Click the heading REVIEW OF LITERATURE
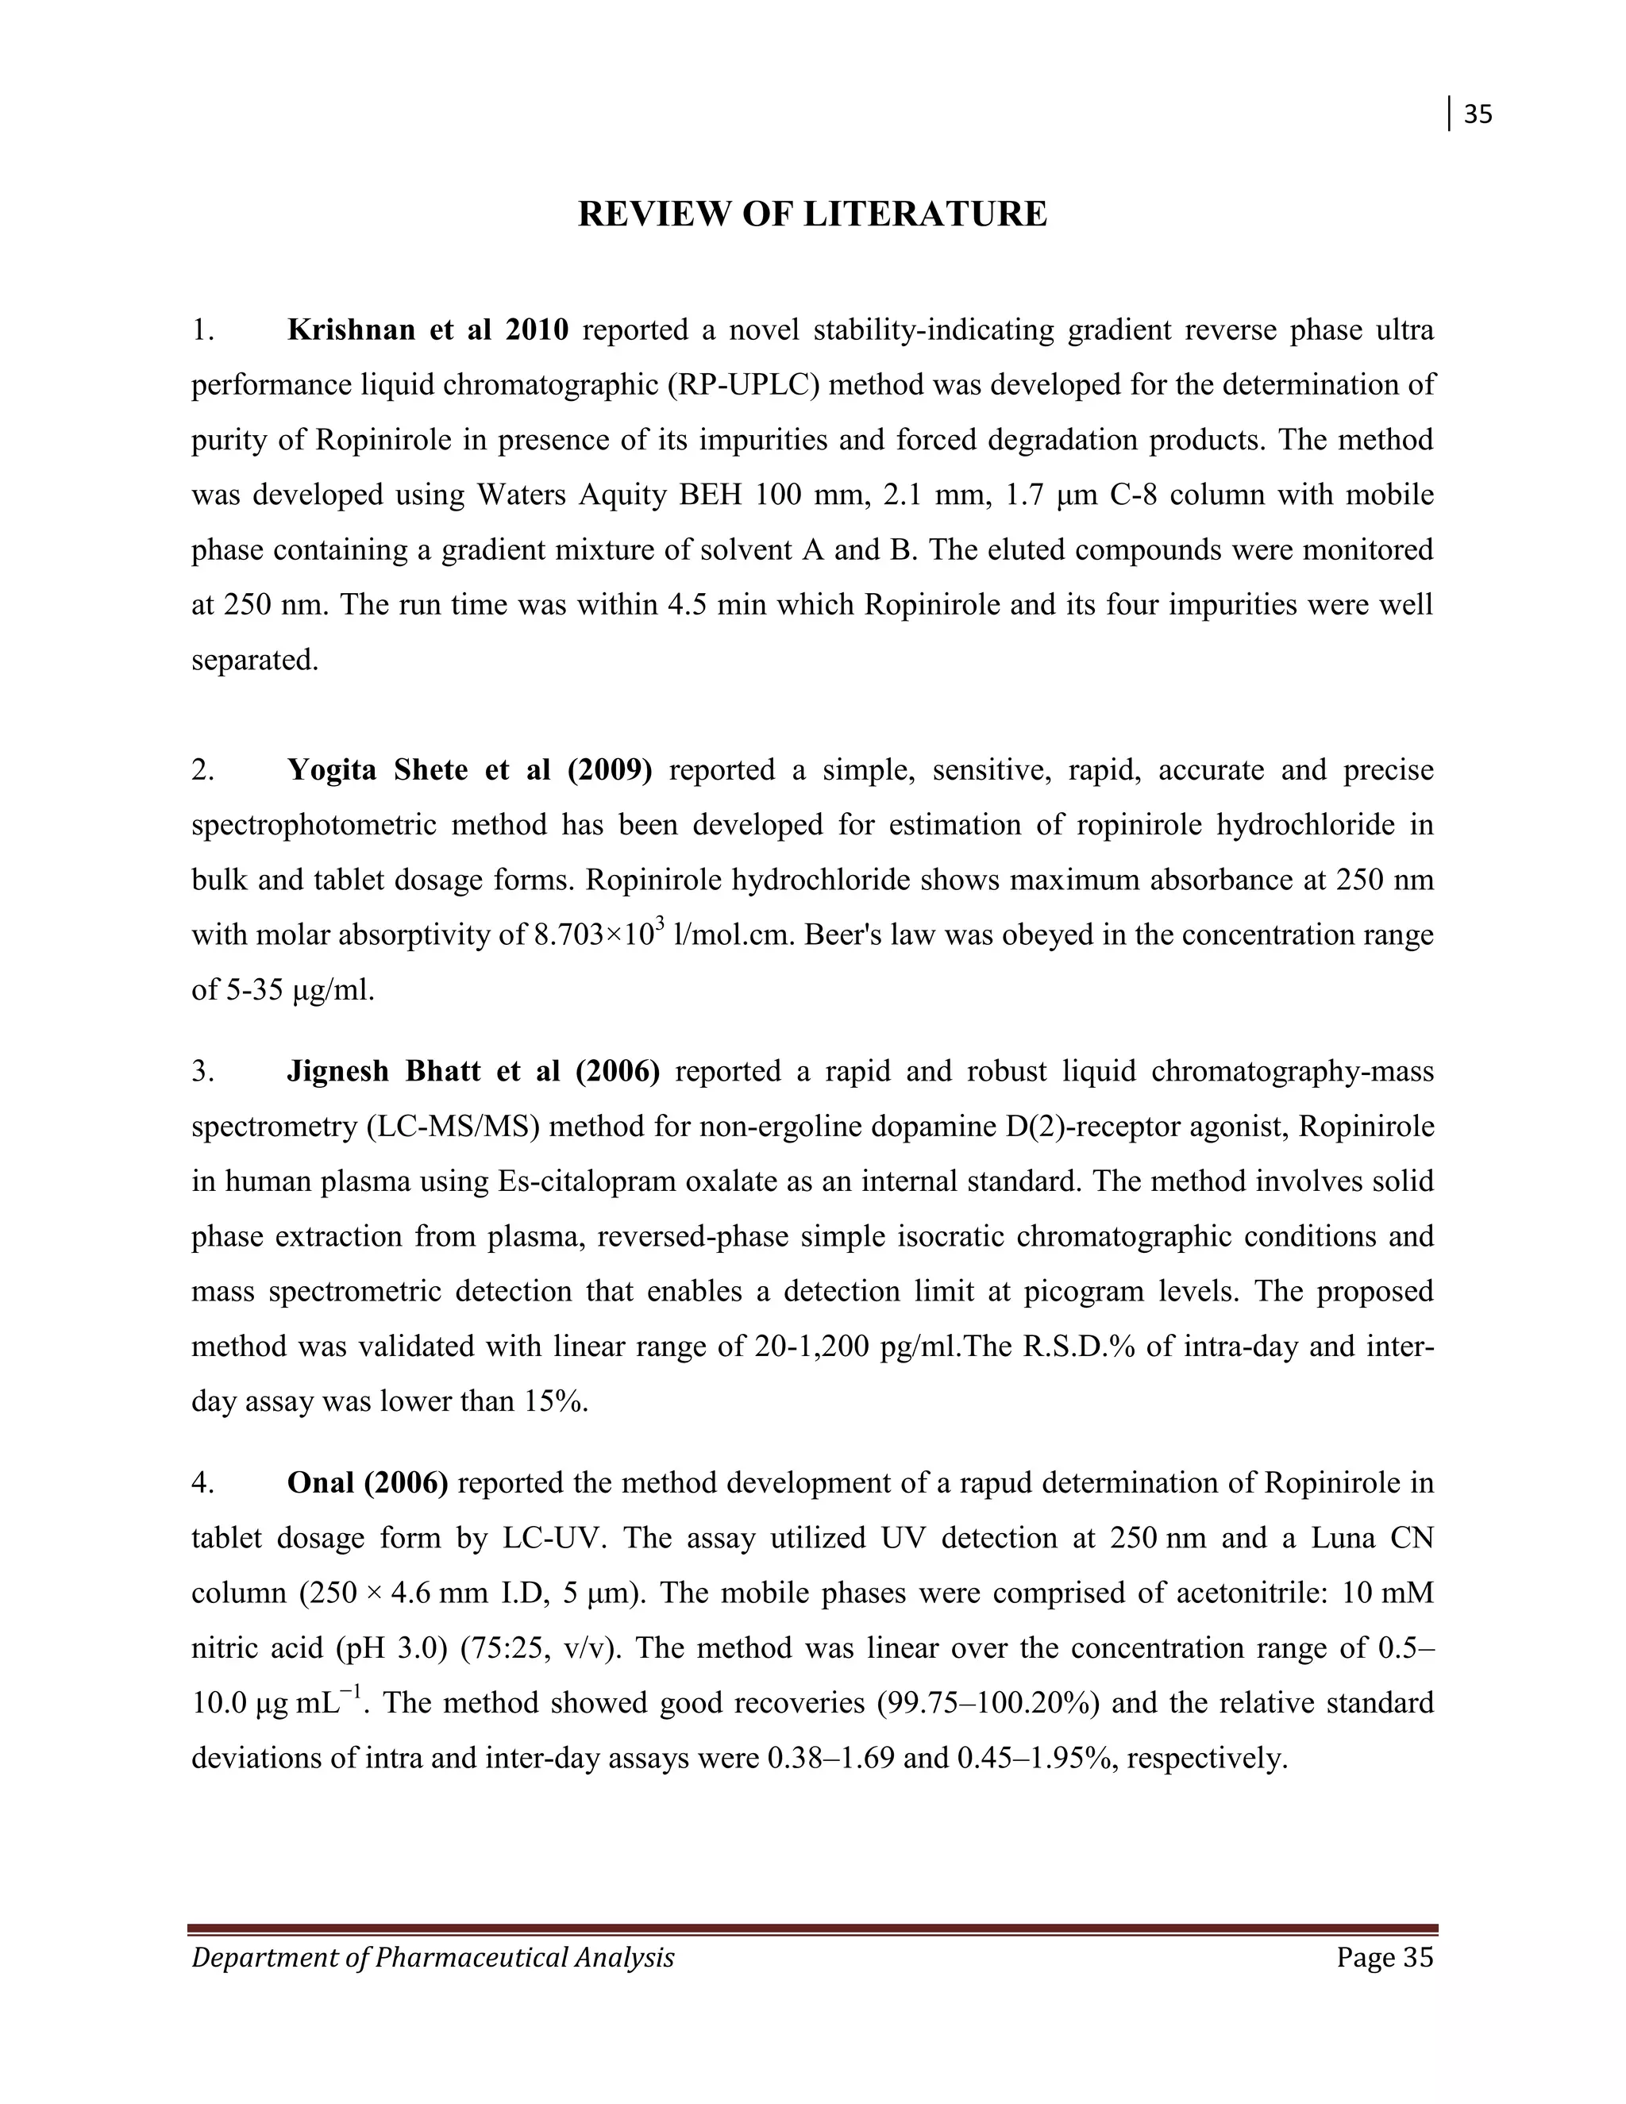point(812,214)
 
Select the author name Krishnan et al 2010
point(428,330)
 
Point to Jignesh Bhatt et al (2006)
point(473,1071)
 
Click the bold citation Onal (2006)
point(367,1482)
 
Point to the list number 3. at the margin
point(202,1071)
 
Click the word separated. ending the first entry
point(254,660)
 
